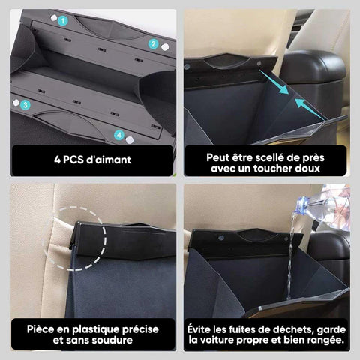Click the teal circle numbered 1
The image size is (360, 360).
[63, 21]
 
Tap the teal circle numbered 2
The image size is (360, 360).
[153, 44]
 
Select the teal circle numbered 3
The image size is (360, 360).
[25, 104]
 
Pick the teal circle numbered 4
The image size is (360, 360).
[119, 136]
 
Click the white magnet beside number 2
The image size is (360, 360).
[165, 47]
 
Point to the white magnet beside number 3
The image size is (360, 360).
[16, 103]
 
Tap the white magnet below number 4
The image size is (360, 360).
[129, 140]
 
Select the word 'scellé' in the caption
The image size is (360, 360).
[253, 157]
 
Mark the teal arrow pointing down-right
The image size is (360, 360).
[274, 82]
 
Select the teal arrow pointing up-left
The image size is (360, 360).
[310, 109]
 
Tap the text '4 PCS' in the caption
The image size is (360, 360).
[69, 160]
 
